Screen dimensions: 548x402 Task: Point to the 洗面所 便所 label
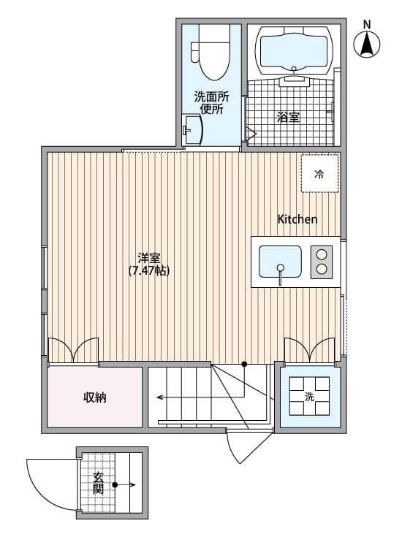[x=211, y=103]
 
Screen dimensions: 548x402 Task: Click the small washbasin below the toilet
[x=193, y=132]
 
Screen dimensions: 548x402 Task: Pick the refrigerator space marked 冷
[x=319, y=174]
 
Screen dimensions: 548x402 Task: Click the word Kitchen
[x=297, y=219]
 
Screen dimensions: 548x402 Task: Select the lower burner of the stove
[x=321, y=270]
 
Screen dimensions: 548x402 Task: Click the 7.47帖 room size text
[x=149, y=271]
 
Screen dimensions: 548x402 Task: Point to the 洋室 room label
[x=149, y=258]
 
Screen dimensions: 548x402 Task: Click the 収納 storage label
[x=95, y=397]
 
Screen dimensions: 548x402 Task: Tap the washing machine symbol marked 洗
[x=310, y=397]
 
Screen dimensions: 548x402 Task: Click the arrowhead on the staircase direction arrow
[x=159, y=398]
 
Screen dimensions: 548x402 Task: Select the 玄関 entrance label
[x=98, y=484]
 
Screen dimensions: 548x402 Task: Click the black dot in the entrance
[x=115, y=484]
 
